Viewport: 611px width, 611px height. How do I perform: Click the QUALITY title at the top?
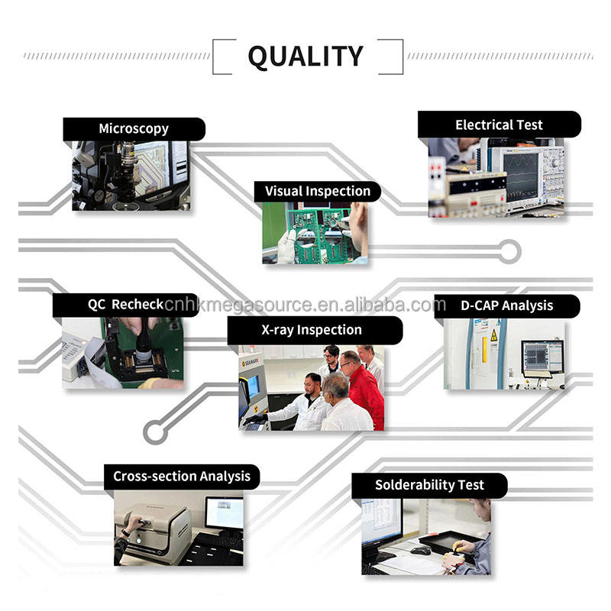305,57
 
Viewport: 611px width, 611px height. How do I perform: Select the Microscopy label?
134,128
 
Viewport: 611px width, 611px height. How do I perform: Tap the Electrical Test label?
499,124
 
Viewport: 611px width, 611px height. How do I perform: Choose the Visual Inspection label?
317,191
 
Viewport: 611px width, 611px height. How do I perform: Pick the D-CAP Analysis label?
506,305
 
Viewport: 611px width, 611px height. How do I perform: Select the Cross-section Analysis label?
182,477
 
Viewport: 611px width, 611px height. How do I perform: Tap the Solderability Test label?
429,485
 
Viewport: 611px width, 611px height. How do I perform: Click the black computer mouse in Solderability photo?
420,550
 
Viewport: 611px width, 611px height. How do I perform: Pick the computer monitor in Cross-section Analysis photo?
223,513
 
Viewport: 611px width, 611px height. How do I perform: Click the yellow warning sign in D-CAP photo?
493,335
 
